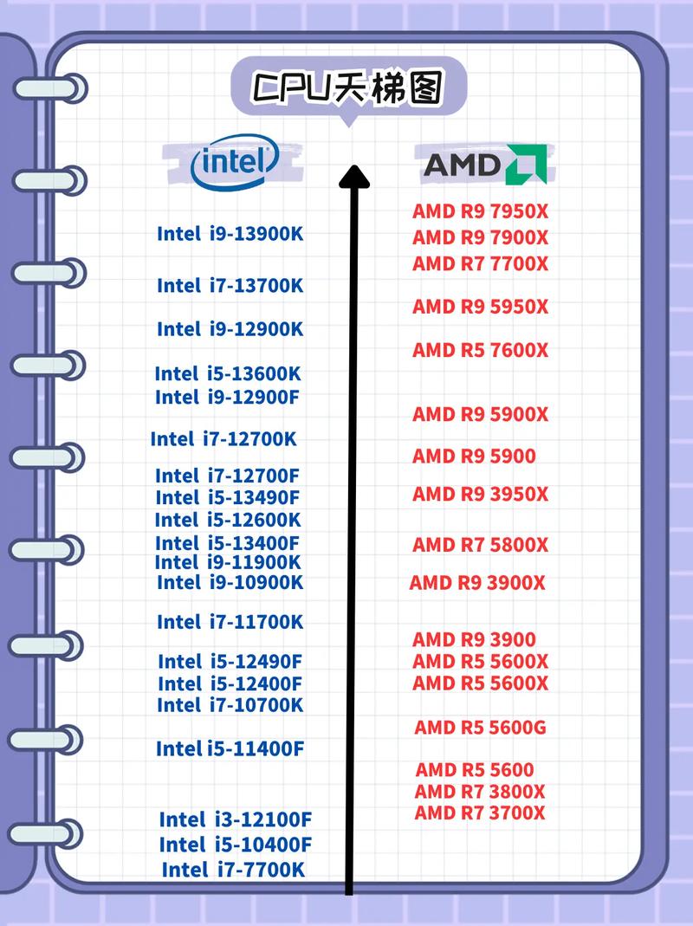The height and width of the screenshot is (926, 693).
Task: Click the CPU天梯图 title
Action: pos(348,88)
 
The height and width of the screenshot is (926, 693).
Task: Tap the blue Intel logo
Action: pos(235,162)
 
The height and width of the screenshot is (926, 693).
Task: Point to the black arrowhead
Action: pos(353,177)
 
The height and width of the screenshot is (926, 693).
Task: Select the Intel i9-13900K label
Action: pos(230,234)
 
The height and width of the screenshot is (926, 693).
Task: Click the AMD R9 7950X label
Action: pos(481,211)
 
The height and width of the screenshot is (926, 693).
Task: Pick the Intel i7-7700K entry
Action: pos(233,869)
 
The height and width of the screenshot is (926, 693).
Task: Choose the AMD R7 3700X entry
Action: pos(480,813)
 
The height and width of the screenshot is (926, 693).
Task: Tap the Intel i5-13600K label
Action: pos(228,373)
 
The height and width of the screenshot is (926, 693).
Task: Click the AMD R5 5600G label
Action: pos(480,727)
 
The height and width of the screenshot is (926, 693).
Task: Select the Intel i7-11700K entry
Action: pos(230,622)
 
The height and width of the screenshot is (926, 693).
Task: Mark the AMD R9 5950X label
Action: pos(481,307)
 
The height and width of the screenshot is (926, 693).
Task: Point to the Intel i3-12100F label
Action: pos(235,819)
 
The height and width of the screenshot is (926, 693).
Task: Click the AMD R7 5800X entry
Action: pos(481,545)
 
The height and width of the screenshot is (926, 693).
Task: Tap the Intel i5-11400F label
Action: pos(230,748)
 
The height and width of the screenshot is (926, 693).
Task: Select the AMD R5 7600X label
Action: pos(481,350)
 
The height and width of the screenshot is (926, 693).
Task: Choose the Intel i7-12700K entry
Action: pos(223,439)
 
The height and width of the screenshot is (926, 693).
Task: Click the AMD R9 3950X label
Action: pos(481,495)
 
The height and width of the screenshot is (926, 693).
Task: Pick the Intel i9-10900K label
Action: pos(230,583)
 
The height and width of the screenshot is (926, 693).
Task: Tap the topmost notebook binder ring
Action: pos(52,87)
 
